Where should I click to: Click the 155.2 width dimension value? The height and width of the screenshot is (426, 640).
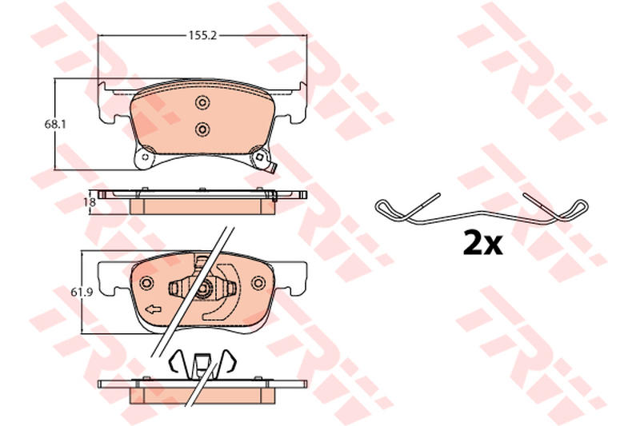202,35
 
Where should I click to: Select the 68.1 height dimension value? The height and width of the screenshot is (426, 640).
55,125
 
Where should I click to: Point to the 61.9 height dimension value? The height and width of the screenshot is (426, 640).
79,292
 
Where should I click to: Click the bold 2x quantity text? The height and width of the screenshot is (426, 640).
482,243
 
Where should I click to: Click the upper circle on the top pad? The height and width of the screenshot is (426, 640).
202,102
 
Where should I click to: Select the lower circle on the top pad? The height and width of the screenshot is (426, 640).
202,129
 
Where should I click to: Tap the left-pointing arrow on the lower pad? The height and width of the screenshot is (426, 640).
153,309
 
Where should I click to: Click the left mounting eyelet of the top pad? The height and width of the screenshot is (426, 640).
144,156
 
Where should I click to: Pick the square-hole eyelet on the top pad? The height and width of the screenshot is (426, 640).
258,157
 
